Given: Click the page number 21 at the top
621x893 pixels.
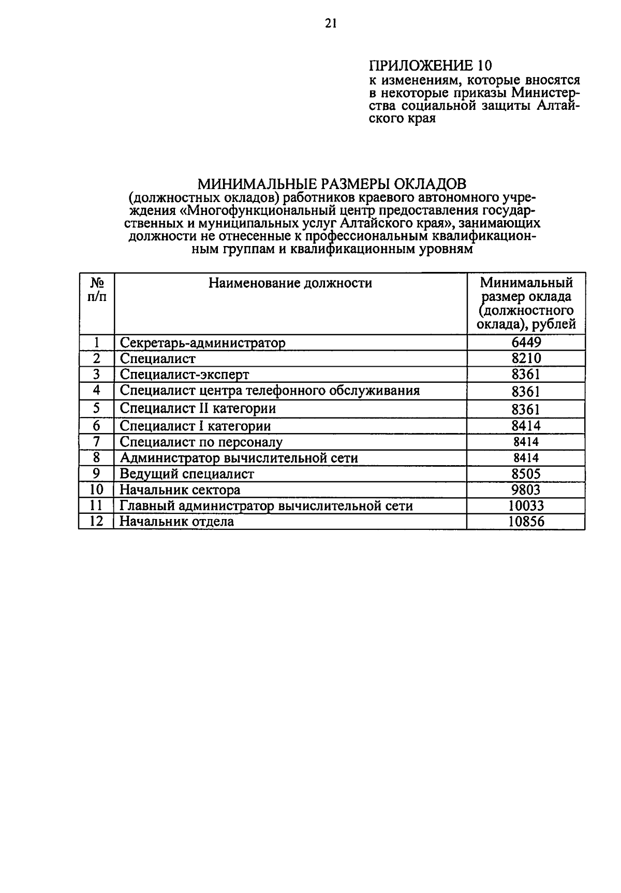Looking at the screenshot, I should click(331, 23).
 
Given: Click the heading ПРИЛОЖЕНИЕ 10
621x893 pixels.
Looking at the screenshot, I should click(430, 65).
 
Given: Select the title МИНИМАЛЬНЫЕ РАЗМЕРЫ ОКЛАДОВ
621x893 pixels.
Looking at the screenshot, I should click(332, 184).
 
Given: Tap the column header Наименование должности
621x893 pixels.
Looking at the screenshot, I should click(290, 283).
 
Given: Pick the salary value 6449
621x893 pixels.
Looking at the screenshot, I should click(526, 342).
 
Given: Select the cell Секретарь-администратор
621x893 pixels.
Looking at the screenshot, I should click(202, 343).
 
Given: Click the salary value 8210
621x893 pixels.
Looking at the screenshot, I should click(526, 358).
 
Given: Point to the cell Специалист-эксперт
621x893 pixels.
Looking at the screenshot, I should click(184, 375).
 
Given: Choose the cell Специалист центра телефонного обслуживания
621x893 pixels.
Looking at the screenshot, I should click(269, 391).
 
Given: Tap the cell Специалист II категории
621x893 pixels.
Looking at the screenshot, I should click(198, 409).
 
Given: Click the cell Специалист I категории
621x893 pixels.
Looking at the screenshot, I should click(195, 426).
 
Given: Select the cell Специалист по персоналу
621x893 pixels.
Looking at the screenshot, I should click(201, 442).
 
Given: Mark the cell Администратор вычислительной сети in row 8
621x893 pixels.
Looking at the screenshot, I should click(239, 458).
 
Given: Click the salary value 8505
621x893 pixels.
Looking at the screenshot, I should click(526, 474).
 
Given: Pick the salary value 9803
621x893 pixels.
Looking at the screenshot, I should click(526, 489).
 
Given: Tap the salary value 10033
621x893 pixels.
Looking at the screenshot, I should click(526, 506).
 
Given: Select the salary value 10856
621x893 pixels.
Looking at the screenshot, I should click(526, 522).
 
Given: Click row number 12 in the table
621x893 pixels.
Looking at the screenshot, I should click(97, 521).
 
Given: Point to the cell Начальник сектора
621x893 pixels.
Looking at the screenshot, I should click(180, 489).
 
